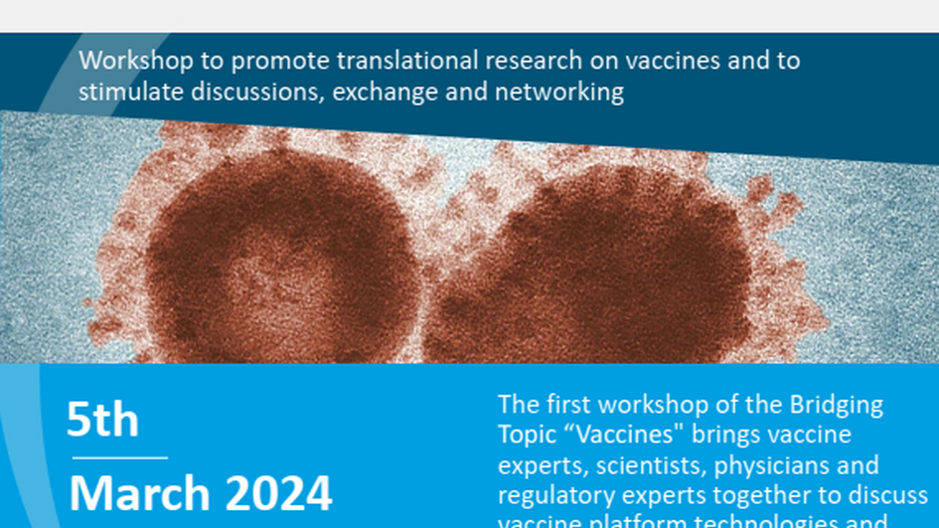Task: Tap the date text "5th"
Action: click(102, 421)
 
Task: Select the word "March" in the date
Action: click(140, 493)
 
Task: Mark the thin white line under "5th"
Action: click(116, 457)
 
